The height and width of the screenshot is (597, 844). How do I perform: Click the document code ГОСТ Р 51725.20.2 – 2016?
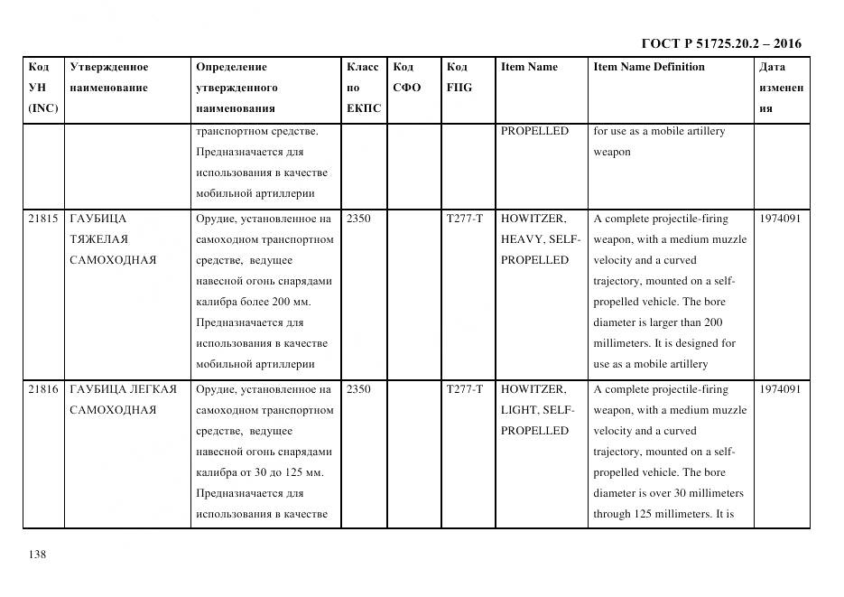pyautogui.click(x=720, y=43)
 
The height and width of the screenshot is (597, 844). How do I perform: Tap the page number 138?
pyautogui.click(x=37, y=554)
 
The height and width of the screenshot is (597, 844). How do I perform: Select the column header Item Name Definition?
pyautogui.click(x=648, y=67)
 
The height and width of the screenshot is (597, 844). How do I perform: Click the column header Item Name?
pyautogui.click(x=529, y=67)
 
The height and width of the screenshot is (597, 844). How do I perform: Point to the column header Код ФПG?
pyautogui.click(x=459, y=78)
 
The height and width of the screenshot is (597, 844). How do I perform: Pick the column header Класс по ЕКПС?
pyautogui.click(x=363, y=88)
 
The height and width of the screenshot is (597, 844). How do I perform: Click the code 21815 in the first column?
pyautogui.click(x=43, y=219)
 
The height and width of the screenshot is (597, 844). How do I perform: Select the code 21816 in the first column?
pyautogui.click(x=43, y=389)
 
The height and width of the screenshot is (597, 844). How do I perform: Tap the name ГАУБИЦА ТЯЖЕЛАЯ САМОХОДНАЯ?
pyautogui.click(x=113, y=239)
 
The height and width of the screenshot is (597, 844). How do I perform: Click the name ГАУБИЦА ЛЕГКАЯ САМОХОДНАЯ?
pyautogui.click(x=124, y=399)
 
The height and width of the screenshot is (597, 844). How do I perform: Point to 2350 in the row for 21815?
pyautogui.click(x=358, y=219)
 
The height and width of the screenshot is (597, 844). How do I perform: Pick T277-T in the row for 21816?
pyautogui.click(x=464, y=389)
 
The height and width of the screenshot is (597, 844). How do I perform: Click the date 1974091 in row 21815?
pyautogui.click(x=780, y=219)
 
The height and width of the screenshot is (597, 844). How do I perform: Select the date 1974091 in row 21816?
pyautogui.click(x=780, y=389)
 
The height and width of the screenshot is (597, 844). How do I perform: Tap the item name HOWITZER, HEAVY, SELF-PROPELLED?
pyautogui.click(x=540, y=239)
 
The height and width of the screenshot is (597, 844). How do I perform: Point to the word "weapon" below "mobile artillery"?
pyautogui.click(x=611, y=152)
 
